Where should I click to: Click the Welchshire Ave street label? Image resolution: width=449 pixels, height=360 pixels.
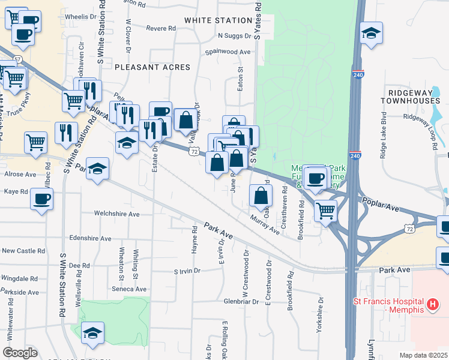tap(117, 214)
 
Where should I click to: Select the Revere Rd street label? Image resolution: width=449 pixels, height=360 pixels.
tap(160, 28)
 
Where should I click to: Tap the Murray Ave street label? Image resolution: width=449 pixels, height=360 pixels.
tap(265, 225)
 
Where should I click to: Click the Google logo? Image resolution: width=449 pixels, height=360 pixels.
tap(20, 353)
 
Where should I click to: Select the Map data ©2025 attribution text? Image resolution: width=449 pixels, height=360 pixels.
tap(423, 355)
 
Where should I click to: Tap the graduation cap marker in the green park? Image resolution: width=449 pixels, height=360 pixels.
tap(93, 334)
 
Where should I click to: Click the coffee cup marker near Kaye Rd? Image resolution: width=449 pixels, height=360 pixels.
tap(41, 199)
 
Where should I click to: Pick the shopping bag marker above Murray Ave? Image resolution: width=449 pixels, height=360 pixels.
tap(261, 196)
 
